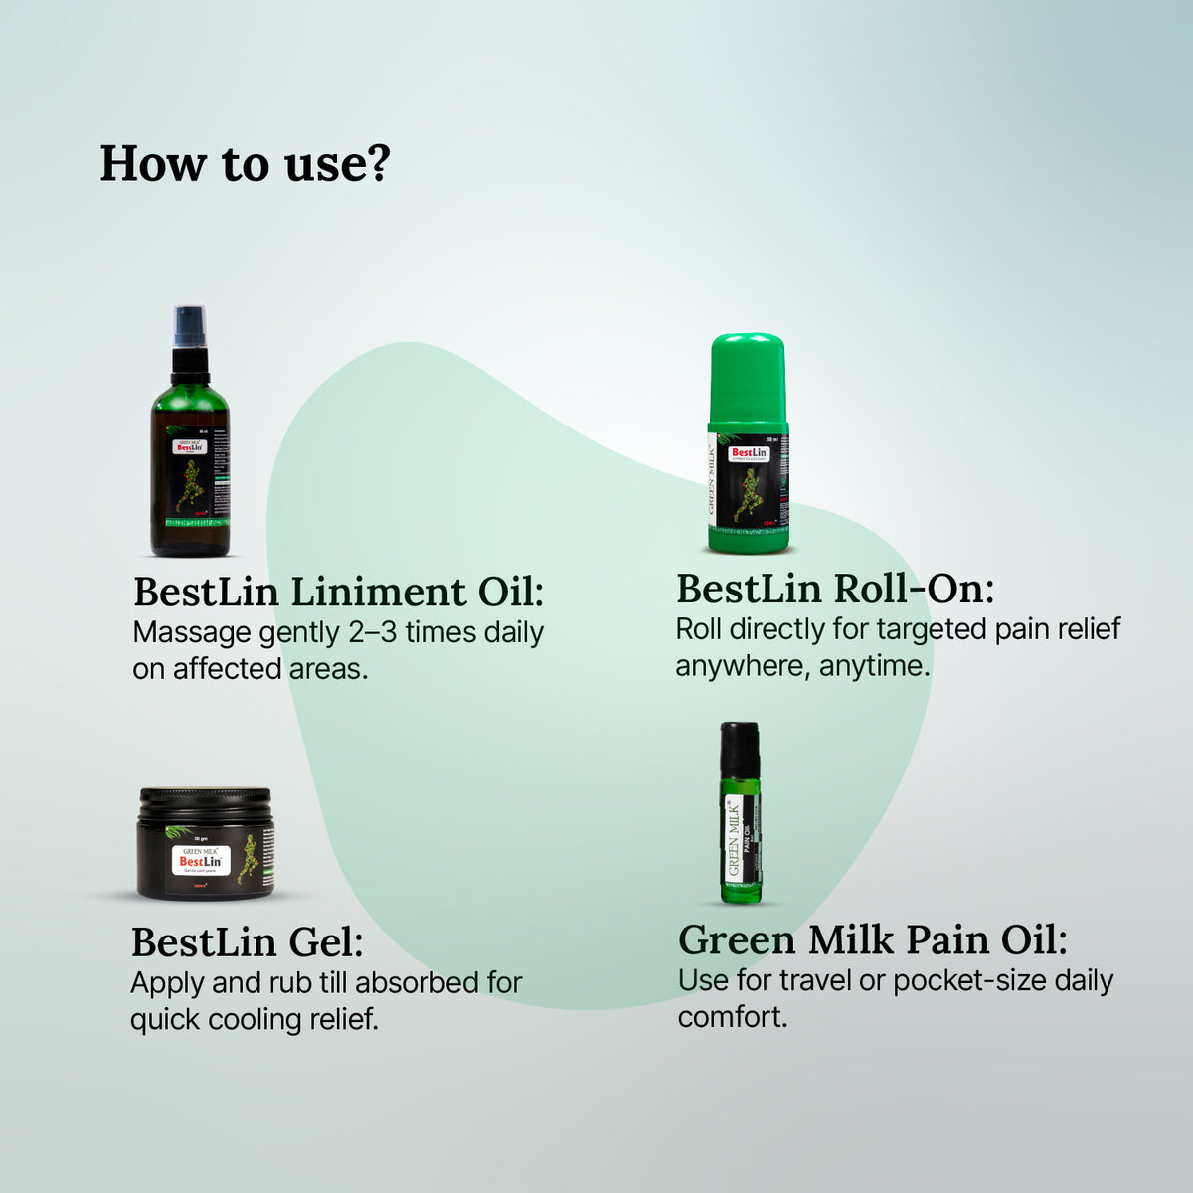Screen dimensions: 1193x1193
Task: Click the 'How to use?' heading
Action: [x=245, y=164]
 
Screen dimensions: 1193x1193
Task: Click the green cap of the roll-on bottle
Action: [x=748, y=378]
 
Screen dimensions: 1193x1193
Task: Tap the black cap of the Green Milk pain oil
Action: [x=740, y=748]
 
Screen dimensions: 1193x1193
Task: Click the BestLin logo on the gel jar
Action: [x=201, y=861]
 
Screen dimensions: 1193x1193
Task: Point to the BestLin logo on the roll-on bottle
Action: [x=749, y=453]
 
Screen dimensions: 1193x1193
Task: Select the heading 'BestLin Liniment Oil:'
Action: [x=339, y=592]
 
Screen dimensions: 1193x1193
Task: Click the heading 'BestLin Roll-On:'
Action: [x=835, y=589]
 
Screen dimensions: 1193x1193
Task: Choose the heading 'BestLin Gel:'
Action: [x=248, y=941]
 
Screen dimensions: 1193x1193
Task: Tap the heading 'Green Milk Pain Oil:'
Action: [x=873, y=939]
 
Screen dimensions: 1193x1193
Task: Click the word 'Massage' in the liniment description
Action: [x=192, y=633]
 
